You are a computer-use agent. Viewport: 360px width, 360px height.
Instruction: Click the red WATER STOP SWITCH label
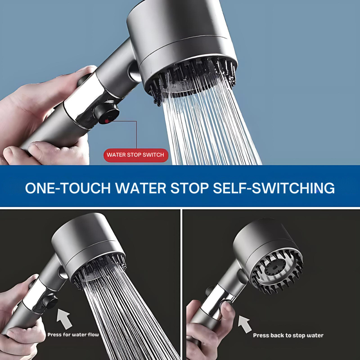point(136,155)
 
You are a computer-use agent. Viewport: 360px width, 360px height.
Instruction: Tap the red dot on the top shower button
point(107,121)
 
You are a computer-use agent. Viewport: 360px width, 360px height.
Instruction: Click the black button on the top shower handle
point(107,113)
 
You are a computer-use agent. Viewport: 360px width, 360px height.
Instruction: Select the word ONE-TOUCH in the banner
point(68,188)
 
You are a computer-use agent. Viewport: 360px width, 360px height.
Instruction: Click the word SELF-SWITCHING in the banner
point(274,188)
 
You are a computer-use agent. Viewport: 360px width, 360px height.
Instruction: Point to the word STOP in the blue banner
point(189,188)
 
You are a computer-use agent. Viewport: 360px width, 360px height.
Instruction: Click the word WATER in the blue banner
point(141,188)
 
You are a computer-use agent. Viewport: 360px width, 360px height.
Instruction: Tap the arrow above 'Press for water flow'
point(64,319)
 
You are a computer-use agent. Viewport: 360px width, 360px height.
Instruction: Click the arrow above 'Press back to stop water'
point(245,324)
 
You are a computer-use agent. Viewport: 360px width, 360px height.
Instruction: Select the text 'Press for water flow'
point(73,335)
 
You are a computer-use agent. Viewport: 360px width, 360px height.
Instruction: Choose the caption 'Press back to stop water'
point(288,335)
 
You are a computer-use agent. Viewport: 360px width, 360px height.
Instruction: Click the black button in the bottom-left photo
point(50,301)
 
